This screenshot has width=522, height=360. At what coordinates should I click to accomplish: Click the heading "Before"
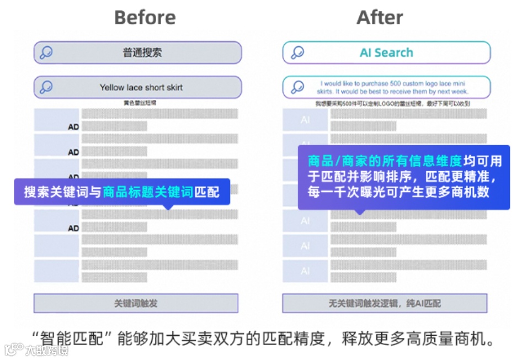(145, 18)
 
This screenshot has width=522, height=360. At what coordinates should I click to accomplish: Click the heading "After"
(380, 18)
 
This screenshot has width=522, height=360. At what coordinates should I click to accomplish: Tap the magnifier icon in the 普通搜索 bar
(46, 53)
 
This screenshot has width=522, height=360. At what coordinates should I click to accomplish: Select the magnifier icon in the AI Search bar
(297, 53)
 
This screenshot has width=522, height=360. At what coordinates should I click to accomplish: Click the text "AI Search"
(386, 53)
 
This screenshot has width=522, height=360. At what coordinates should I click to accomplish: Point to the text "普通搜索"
(142, 53)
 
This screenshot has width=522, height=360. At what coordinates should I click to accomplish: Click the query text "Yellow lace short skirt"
(141, 87)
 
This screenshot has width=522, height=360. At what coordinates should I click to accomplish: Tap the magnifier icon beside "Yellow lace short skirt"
(46, 87)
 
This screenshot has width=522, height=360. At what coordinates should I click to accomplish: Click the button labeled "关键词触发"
(136, 303)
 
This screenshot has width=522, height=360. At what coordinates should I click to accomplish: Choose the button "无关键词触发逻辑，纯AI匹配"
(385, 303)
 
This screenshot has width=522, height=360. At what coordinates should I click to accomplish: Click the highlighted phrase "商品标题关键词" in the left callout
(148, 192)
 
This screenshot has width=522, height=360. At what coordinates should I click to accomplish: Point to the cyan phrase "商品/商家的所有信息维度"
(385, 161)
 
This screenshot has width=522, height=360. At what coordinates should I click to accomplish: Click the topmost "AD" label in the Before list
(73, 126)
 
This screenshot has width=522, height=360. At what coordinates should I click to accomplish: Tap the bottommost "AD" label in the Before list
(73, 228)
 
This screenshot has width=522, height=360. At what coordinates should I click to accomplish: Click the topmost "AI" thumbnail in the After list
(305, 120)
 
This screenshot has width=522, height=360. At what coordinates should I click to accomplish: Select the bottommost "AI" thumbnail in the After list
(305, 271)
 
